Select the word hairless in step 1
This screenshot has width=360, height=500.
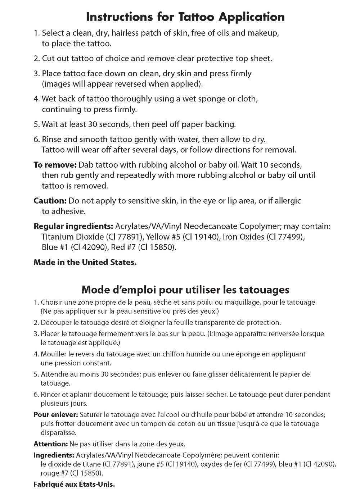125,33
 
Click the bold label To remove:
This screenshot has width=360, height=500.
55,165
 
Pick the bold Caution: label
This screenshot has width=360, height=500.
50,201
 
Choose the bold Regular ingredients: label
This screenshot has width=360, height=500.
73,227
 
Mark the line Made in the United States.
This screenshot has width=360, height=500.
85,263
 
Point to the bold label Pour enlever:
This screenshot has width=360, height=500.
56,415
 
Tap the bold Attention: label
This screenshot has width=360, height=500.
50,444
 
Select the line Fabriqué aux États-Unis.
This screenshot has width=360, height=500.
74,484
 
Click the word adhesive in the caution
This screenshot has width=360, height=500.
68,212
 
